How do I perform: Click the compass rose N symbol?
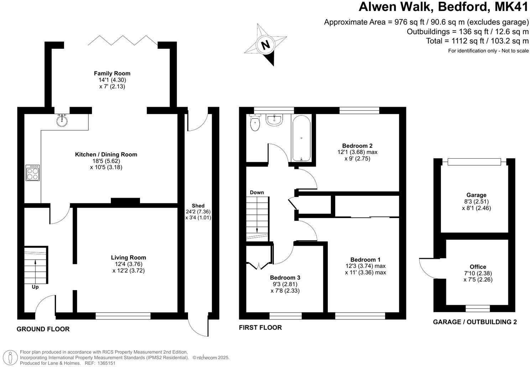click(265, 45)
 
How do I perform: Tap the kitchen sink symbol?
click(62, 120)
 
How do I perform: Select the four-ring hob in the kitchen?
click(32, 173)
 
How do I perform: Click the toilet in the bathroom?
click(255, 123)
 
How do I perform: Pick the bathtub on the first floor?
click(301, 138)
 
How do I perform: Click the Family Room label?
click(112, 73)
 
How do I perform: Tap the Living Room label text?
click(128, 257)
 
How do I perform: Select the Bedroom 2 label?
click(357, 145)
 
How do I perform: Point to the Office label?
click(478, 267)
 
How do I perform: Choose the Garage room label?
click(476, 195)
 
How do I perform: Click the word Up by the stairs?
click(35, 287)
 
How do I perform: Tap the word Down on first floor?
click(257, 192)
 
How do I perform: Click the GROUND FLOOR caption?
click(43, 329)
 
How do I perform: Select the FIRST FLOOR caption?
click(260, 328)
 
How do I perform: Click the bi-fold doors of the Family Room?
click(123, 40)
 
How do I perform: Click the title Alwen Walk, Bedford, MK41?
click(443, 7)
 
